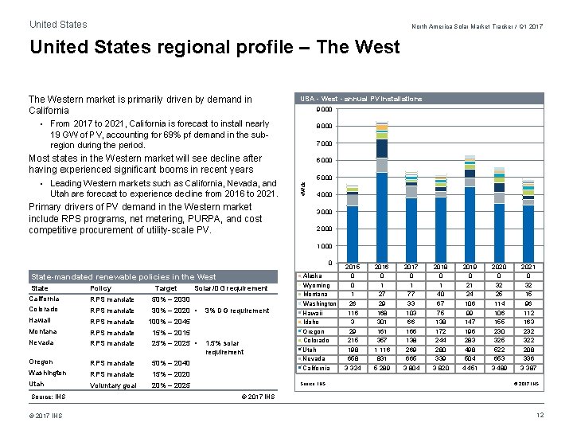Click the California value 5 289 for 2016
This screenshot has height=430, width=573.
coord(381,369)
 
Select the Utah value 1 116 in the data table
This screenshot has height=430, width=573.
coord(381,349)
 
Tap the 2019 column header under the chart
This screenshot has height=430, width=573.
coord(470,266)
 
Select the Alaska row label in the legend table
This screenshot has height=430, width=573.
coord(313,276)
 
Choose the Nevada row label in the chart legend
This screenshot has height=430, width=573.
coord(314,358)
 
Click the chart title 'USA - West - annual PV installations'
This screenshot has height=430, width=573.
coord(361,99)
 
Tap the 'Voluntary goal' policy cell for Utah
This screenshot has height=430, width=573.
coord(113,385)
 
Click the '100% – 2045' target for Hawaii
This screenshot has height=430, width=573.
coord(171,322)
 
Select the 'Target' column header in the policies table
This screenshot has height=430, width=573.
coord(166,288)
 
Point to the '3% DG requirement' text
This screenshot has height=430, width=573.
coord(237,311)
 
